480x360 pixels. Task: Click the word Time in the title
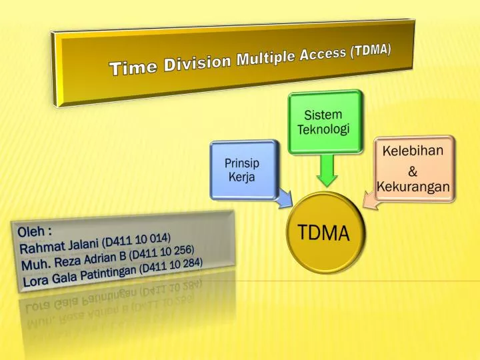tap(130, 67)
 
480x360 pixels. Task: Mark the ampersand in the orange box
tap(413, 171)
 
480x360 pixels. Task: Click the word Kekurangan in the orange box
tap(413, 188)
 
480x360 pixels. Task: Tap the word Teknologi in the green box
tap(323, 129)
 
